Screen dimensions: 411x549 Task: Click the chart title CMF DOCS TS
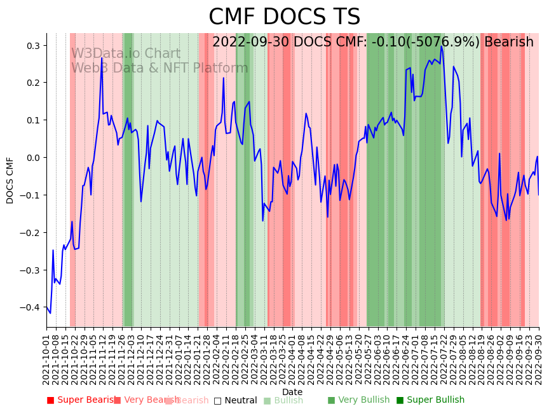(284, 17)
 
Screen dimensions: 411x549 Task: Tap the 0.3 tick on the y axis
(33, 46)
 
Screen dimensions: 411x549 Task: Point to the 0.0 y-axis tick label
(33, 158)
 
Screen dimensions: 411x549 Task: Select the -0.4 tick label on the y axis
(31, 308)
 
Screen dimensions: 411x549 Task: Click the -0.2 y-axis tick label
(31, 233)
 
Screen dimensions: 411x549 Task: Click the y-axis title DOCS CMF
(10, 180)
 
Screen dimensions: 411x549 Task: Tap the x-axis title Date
(292, 392)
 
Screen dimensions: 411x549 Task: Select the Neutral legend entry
(236, 400)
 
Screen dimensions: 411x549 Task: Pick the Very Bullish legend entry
(359, 400)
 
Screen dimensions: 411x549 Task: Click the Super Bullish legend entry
(431, 400)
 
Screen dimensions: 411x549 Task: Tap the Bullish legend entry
(283, 400)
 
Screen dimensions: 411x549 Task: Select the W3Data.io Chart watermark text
(126, 54)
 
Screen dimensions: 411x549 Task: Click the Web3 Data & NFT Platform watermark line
(159, 68)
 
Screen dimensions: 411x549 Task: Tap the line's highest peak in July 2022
(441, 46)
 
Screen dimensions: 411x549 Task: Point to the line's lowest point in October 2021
(50, 313)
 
